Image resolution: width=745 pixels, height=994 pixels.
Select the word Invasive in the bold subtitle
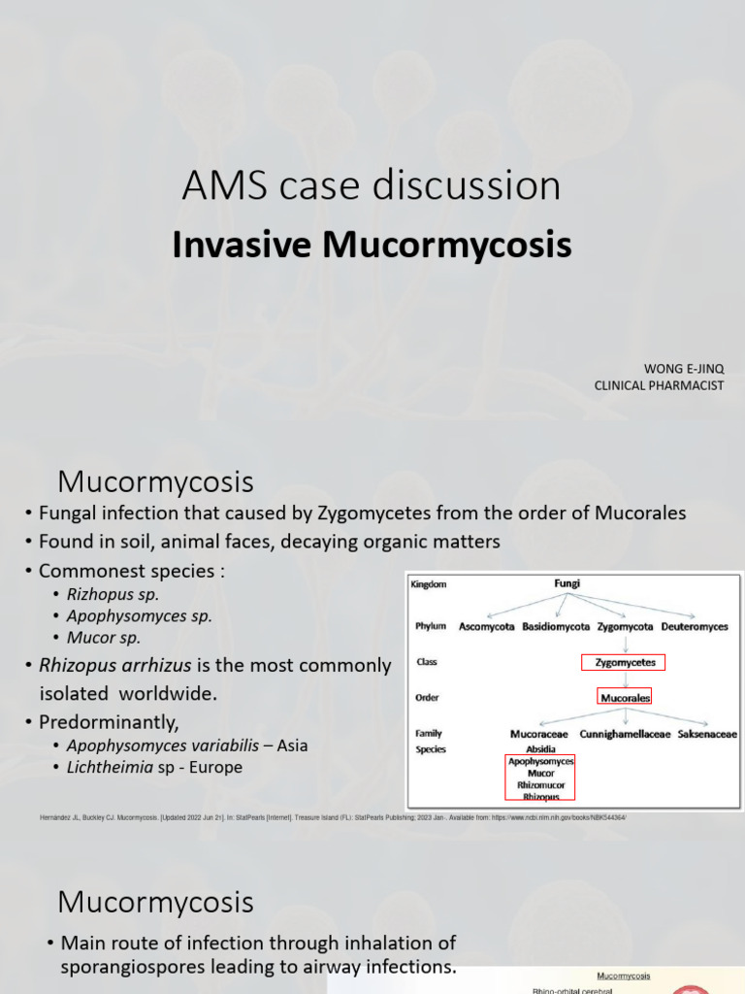(243, 246)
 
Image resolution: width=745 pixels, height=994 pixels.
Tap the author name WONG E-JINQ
(684, 369)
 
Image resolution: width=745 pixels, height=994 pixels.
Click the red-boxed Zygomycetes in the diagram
(625, 663)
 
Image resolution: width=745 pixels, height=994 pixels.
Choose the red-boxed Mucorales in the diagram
(625, 697)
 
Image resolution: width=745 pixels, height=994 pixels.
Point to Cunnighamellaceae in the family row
(626, 734)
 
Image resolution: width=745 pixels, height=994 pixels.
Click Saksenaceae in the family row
(707, 734)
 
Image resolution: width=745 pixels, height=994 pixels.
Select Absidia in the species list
(540, 749)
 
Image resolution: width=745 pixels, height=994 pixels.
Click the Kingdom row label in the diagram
(432, 585)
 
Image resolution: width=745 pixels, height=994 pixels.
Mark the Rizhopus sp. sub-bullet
(113, 593)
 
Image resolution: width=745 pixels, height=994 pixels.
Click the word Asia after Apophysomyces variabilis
(294, 745)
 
